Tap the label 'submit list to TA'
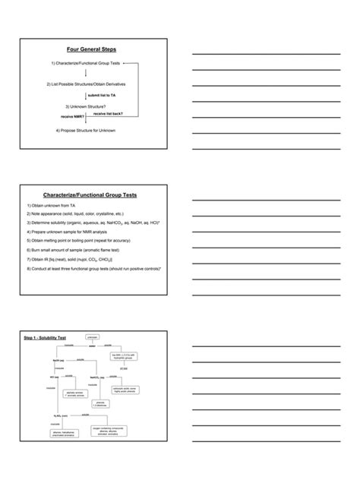point(102,95)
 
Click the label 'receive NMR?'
point(73,117)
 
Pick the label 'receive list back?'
point(108,112)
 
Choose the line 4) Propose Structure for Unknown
point(90,130)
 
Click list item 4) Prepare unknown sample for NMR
point(75,231)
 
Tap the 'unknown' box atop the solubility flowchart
point(93,336)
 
